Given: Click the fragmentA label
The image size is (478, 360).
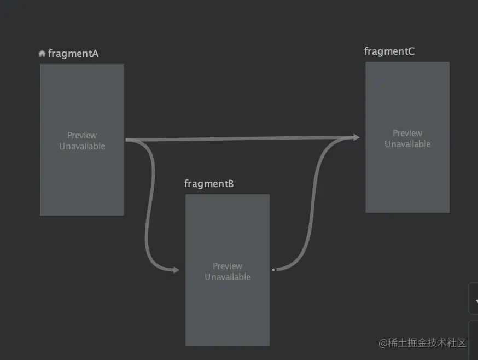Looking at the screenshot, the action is pyautogui.click(x=73, y=54).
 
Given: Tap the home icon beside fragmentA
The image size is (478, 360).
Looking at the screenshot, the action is pyautogui.click(x=42, y=54).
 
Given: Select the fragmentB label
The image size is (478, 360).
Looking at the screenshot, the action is pyautogui.click(x=209, y=183).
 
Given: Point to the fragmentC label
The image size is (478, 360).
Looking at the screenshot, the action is pyautogui.click(x=389, y=51).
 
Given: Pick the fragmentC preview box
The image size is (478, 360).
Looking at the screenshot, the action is pyautogui.click(x=407, y=181).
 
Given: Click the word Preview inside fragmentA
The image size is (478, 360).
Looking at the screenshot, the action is pyautogui.click(x=82, y=135).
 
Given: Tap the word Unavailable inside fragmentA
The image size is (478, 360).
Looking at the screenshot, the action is pyautogui.click(x=82, y=146).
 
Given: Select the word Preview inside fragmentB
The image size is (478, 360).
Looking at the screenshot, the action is pyautogui.click(x=228, y=266).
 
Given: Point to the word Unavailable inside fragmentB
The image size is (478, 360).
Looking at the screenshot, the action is pyautogui.click(x=228, y=277).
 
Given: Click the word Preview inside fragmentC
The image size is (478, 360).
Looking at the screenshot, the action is pyautogui.click(x=407, y=133).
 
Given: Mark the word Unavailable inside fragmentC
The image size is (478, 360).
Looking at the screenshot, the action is pyautogui.click(x=407, y=144).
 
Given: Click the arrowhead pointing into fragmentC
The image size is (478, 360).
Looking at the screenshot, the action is pyautogui.click(x=357, y=137).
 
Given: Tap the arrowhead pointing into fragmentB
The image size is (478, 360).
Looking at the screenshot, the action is pyautogui.click(x=176, y=270).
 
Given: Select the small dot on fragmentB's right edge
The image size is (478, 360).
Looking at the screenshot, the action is pyautogui.click(x=273, y=270).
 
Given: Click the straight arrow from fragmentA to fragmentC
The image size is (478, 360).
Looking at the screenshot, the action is pyautogui.click(x=241, y=139).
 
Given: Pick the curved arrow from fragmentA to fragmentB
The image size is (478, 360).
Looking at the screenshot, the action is pyautogui.click(x=147, y=219).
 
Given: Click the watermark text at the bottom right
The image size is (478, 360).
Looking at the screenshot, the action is pyautogui.click(x=422, y=343).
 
